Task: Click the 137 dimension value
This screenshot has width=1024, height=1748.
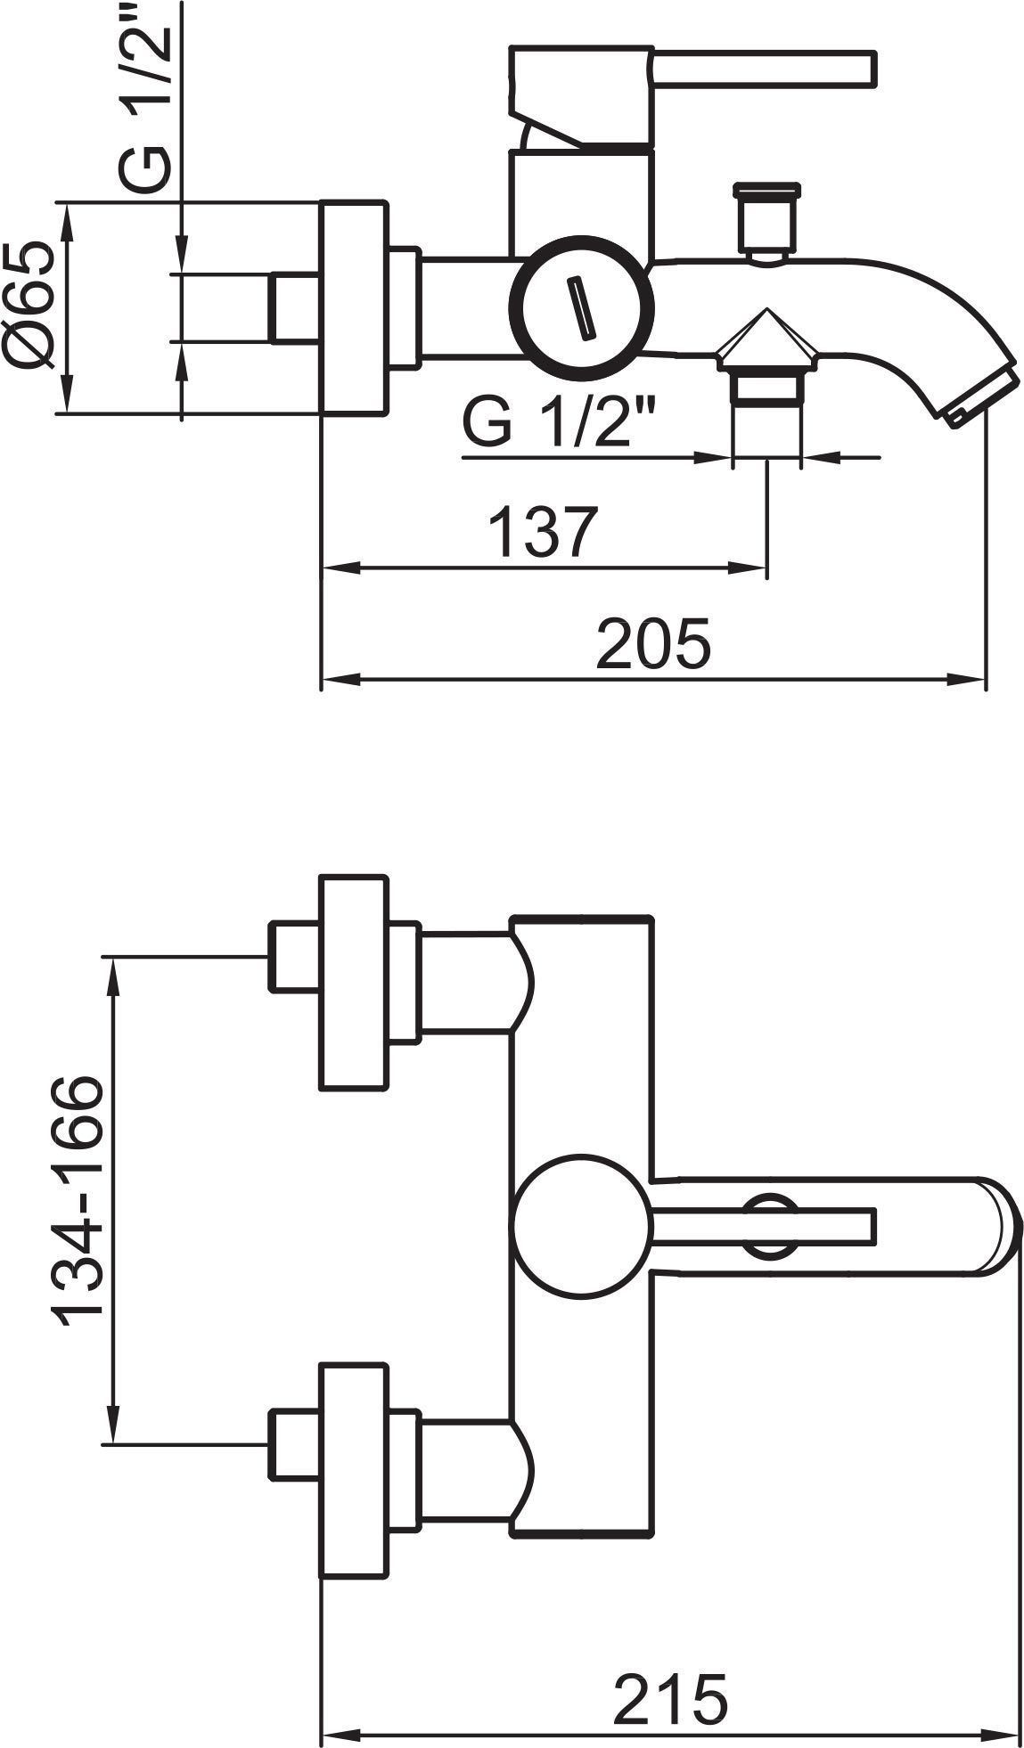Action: [543, 532]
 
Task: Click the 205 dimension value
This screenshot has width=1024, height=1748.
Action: [654, 641]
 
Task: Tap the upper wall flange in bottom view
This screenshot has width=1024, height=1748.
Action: [354, 983]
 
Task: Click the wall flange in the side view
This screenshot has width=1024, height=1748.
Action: [354, 308]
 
